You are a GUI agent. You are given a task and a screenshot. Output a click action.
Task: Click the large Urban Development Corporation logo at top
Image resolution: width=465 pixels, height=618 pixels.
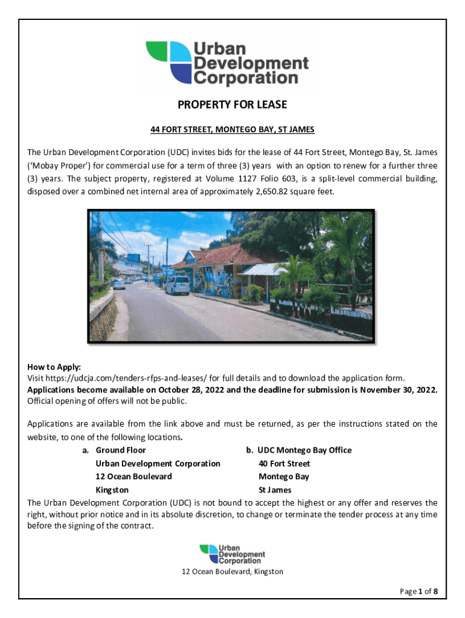227,63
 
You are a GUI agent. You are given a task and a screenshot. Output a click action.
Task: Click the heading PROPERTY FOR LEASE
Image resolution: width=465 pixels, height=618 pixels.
232,105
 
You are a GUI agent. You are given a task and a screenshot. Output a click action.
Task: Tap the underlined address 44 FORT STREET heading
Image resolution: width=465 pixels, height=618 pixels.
232,130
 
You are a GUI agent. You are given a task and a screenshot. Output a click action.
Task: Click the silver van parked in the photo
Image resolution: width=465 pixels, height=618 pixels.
177,285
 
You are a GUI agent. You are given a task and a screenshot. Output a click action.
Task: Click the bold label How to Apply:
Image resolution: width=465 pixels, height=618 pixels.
54,367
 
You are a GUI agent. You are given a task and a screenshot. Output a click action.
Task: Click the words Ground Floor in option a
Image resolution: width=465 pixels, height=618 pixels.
121,450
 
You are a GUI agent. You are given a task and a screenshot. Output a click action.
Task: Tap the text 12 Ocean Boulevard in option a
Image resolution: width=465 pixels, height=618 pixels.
133,477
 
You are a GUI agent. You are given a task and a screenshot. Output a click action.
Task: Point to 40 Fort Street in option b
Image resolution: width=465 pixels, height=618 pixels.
284,463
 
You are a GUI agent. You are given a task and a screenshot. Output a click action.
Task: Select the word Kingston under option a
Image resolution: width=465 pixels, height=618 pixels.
112,490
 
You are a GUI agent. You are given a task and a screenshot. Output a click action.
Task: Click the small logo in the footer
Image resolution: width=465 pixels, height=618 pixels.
232,554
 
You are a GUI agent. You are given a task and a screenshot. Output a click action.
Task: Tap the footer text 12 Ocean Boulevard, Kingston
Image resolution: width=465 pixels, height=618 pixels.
232,572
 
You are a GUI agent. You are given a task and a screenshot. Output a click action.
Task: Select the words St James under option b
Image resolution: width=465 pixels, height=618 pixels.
275,490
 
